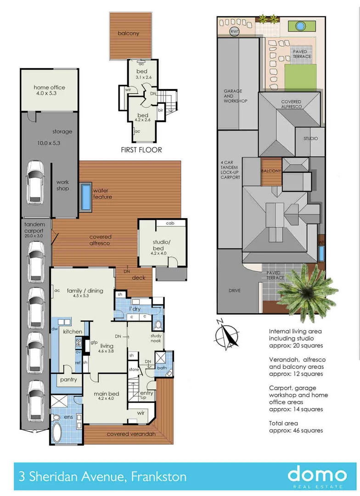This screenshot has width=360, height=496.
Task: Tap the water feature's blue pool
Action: (86, 197)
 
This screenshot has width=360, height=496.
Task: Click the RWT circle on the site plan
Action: (234, 31)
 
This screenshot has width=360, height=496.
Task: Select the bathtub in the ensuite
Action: (57, 432)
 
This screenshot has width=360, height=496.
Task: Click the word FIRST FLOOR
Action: (141, 150)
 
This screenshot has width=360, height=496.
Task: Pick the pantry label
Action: (68, 380)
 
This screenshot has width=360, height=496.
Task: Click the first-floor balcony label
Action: (128, 33)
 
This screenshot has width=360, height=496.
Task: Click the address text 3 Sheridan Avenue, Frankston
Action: (103, 477)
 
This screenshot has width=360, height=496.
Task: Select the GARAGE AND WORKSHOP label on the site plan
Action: (236, 96)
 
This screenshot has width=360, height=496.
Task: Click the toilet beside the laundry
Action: (157, 324)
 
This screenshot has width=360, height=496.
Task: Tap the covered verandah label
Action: (131, 434)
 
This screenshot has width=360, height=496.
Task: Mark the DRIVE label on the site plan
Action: (234, 290)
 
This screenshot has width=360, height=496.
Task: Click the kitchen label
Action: (73, 332)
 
